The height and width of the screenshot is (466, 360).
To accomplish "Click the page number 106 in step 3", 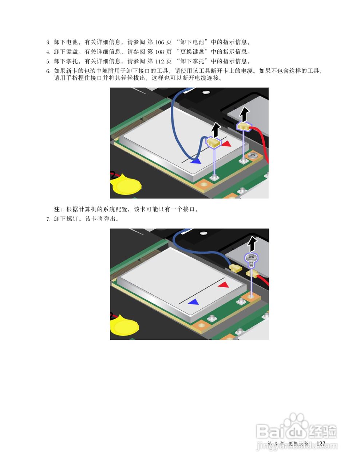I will pos(159,42).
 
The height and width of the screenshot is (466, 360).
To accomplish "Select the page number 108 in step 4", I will pos(159,52).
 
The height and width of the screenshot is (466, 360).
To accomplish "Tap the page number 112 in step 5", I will pos(159,61).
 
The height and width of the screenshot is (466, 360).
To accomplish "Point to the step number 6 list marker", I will pos(48,71).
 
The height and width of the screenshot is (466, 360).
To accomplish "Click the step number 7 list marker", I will pos(48,219).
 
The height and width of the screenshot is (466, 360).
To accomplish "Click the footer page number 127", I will pos(321,443).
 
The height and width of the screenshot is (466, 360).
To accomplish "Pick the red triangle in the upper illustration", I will pos(226,144).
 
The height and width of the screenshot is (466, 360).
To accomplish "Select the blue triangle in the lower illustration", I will pos(194,302).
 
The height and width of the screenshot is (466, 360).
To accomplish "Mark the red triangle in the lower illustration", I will pos(224,285).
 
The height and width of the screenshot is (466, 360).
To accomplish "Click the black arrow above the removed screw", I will pos(251,244).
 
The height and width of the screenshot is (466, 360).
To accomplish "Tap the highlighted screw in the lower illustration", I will pos(251,259).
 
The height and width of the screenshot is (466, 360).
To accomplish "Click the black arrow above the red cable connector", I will pos(244,114).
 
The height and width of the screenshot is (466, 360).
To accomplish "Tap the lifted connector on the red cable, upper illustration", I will pos(244,126).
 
